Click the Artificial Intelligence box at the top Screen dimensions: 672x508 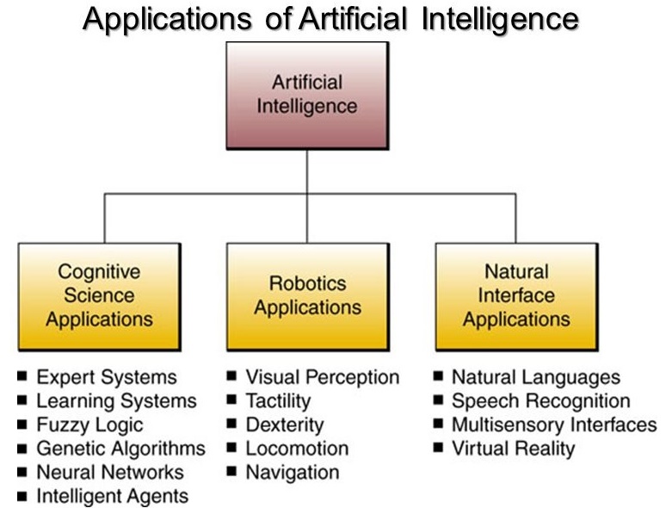coord(307,96)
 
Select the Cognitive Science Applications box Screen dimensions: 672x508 coord(100,297)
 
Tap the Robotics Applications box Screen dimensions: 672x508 coord(308,297)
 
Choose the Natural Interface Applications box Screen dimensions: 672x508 coord(516,297)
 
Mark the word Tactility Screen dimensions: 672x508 coord(278,401)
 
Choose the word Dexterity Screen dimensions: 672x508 coord(285,424)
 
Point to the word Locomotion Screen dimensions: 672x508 coord(297,449)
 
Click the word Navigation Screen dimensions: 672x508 coord(293,473)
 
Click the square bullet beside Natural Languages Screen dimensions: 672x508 coord(438,376)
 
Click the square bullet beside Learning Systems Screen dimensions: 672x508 coord(22,400)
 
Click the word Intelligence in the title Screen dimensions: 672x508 coord(500,20)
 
